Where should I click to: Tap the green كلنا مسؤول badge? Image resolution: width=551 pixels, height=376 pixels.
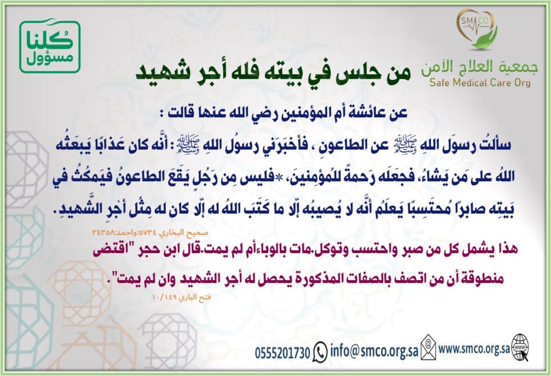[x=50, y=46]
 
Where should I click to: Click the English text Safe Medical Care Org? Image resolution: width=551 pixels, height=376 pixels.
[x=480, y=83]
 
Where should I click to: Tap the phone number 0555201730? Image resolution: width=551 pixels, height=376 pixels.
[x=283, y=353]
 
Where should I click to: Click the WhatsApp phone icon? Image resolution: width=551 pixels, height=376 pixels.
[x=320, y=351]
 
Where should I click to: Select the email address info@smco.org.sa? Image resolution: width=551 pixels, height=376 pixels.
[x=374, y=351]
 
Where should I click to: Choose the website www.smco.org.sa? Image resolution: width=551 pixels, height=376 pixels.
[x=474, y=349]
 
